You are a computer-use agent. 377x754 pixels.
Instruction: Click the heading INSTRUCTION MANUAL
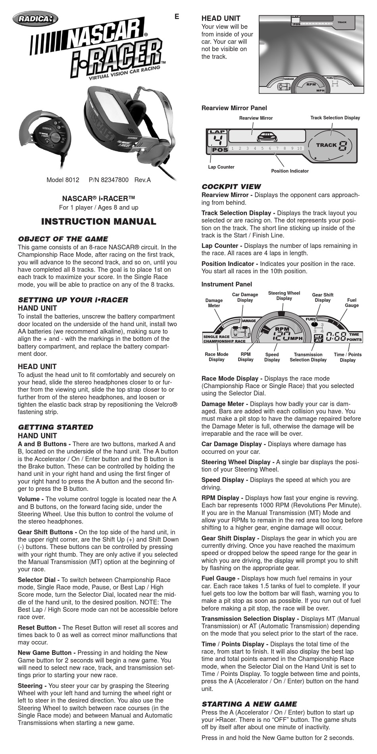tap(99, 222)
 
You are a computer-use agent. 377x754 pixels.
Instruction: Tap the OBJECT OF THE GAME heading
tap(63, 239)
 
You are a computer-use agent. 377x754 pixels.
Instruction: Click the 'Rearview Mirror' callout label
tap(256, 118)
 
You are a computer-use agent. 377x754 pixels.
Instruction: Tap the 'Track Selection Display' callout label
tap(335, 118)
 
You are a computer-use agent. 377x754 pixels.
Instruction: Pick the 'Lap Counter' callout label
tap(221, 167)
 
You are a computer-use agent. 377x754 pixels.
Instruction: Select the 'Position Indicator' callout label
tap(290, 171)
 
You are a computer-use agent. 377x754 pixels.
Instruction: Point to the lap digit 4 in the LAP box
tap(217, 140)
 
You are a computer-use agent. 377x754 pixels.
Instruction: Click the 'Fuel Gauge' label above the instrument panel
tap(352, 302)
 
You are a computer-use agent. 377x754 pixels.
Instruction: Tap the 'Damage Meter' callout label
tap(214, 303)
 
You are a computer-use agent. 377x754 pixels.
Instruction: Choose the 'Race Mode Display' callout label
tap(217, 357)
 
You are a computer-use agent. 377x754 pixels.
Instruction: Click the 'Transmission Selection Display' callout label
tap(308, 357)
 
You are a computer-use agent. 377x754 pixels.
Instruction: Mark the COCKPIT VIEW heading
tap(231, 186)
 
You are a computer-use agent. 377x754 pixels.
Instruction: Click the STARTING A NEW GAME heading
tap(249, 704)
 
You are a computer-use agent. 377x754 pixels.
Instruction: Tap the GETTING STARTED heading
tap(56, 427)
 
